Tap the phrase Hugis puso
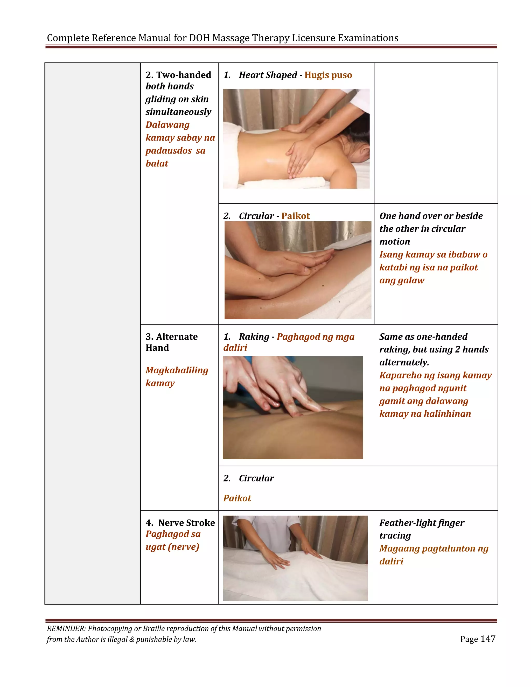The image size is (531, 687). pyautogui.click(x=328, y=75)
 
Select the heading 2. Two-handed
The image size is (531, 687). pyautogui.click(x=178, y=75)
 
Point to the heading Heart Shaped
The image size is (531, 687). pyautogui.click(x=268, y=75)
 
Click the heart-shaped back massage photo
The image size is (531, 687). pyautogui.click(x=296, y=139)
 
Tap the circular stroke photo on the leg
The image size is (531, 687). pyautogui.click(x=298, y=270)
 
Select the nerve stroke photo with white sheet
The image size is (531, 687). pyautogui.click(x=295, y=558)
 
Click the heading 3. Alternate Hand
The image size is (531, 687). pyautogui.click(x=171, y=342)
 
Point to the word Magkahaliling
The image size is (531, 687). pyautogui.click(x=177, y=370)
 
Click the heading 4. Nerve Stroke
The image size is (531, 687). pyautogui.click(x=180, y=523)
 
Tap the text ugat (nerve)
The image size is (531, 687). pyautogui.click(x=172, y=547)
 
